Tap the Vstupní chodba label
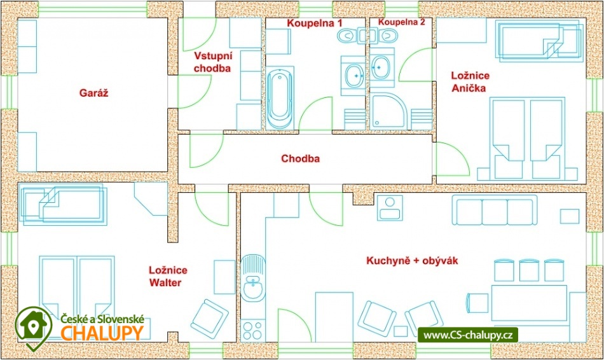pyautogui.click(x=212, y=62)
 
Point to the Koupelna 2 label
pyautogui.click(x=401, y=22)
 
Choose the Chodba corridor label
pyautogui.click(x=300, y=158)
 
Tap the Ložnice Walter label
pyautogui.click(x=168, y=276)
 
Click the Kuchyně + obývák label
pyautogui.click(x=412, y=261)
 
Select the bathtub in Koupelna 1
pyautogui.click(x=279, y=99)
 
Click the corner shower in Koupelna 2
pyautogui.click(x=387, y=112)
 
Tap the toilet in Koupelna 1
pyautogui.click(x=347, y=36)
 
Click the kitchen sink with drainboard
pyautogui.click(x=253, y=280)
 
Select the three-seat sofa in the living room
pyautogui.click(x=495, y=211)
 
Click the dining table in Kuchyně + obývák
pyautogui.click(x=529, y=303)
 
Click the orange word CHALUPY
pyautogui.click(x=102, y=333)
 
